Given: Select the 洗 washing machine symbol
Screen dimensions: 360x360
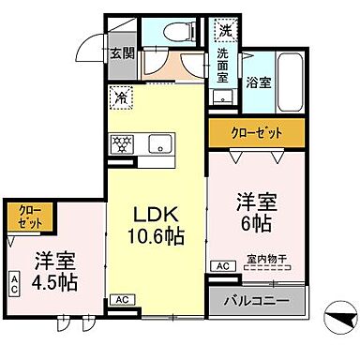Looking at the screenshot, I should (224, 30).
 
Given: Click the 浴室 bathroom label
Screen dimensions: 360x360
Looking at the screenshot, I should (260, 82).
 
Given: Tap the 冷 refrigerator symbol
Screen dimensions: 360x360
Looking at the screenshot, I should (121, 95).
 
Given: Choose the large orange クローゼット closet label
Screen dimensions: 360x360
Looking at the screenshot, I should (256, 130).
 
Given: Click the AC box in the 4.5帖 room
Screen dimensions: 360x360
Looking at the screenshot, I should (16, 282).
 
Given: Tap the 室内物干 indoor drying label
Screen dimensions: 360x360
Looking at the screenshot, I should (266, 258).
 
